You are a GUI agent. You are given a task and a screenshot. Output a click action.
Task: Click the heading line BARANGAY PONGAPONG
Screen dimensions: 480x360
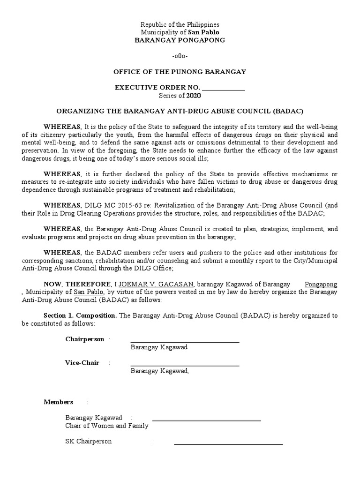pos(180,40)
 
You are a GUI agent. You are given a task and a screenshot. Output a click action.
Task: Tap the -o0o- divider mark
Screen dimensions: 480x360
pos(180,56)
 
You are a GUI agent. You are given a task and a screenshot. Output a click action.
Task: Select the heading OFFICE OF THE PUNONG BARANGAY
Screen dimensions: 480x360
pos(180,72)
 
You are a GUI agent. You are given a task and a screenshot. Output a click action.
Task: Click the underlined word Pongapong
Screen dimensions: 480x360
pos(321,284)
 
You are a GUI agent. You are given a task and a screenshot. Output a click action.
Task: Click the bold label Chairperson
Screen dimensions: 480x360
pos(85,339)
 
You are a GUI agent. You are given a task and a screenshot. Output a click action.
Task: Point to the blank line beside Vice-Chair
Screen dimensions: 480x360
pos(185,365)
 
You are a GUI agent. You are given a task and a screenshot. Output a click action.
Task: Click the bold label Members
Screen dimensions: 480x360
pos(59,402)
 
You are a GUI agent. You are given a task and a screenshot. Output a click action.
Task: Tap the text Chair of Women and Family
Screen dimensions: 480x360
pos(107,426)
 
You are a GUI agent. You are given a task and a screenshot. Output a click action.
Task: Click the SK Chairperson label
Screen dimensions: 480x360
pos(89,441)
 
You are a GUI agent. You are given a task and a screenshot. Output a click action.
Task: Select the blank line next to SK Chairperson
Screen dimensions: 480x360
pos(228,443)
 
